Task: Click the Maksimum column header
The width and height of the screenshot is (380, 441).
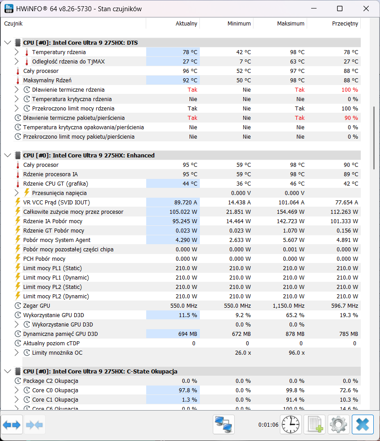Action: coord(291,24)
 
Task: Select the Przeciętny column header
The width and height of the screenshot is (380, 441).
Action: coord(345,24)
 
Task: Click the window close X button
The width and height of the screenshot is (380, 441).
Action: coord(366,8)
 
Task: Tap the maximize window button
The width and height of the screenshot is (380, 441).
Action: coord(340,8)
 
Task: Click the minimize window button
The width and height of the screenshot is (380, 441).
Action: coord(314,8)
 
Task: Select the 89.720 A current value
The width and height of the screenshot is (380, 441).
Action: coord(186,203)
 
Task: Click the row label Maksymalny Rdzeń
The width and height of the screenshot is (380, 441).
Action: coord(47,81)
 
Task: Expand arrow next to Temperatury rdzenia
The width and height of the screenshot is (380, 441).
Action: coord(17,52)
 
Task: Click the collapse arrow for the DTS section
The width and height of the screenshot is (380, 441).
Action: coord(8,43)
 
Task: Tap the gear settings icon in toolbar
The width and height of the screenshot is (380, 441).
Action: coord(338,424)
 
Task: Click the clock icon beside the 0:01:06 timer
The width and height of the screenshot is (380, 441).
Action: coord(291,424)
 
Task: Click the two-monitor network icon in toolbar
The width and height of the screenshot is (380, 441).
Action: coord(224,424)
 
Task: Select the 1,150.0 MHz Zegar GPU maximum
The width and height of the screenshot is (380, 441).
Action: coord(288,306)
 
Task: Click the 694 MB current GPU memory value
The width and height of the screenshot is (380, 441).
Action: coord(188,334)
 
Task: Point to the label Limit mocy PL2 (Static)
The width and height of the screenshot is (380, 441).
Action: coord(53,287)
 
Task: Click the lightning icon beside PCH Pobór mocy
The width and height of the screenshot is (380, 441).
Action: coord(18,259)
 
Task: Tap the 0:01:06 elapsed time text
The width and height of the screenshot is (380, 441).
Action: coord(268,425)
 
